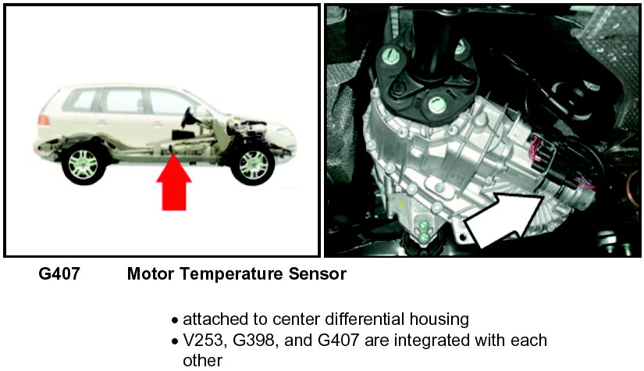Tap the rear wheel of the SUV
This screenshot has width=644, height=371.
[84, 165]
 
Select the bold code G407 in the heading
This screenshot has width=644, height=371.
[59, 275]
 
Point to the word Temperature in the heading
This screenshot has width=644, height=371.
[231, 275]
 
